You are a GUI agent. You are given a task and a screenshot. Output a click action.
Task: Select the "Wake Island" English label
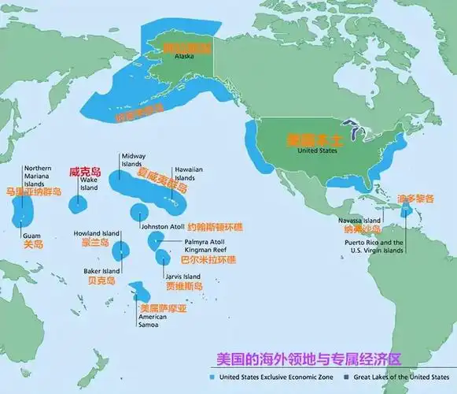point(89,184)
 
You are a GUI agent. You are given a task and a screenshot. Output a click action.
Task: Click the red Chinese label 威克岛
point(86,170)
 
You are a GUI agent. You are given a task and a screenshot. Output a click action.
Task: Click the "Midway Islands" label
point(132,160)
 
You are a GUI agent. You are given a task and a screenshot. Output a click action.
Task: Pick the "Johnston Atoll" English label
point(163,227)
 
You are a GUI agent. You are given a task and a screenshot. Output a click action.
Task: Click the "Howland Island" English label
point(97,234)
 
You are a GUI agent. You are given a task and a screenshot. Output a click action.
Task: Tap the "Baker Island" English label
point(101,270)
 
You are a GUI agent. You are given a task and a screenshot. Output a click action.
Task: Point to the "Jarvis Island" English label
point(183,277)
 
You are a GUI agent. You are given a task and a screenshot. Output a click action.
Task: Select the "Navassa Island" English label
point(359,220)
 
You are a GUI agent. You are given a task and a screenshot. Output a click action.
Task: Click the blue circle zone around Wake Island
point(76,203)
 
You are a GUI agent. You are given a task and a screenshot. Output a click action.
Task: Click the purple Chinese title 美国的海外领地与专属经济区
point(308,359)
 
